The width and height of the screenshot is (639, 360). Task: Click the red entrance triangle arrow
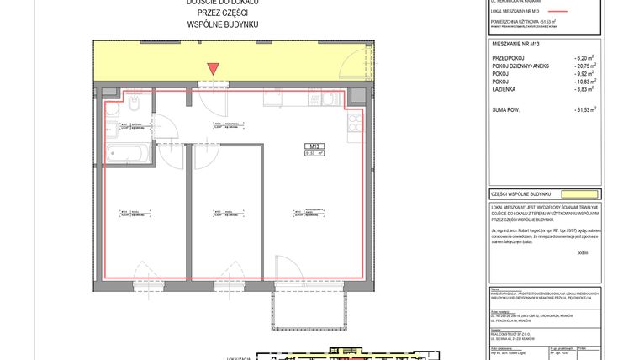point(214,69)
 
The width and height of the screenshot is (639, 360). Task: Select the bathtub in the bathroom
point(128,153)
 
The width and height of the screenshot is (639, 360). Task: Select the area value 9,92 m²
point(583,72)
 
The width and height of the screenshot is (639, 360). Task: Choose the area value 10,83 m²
point(582,81)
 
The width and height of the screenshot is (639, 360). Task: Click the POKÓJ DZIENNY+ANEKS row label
point(524,64)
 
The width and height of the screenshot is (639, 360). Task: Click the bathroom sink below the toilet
point(114,130)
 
